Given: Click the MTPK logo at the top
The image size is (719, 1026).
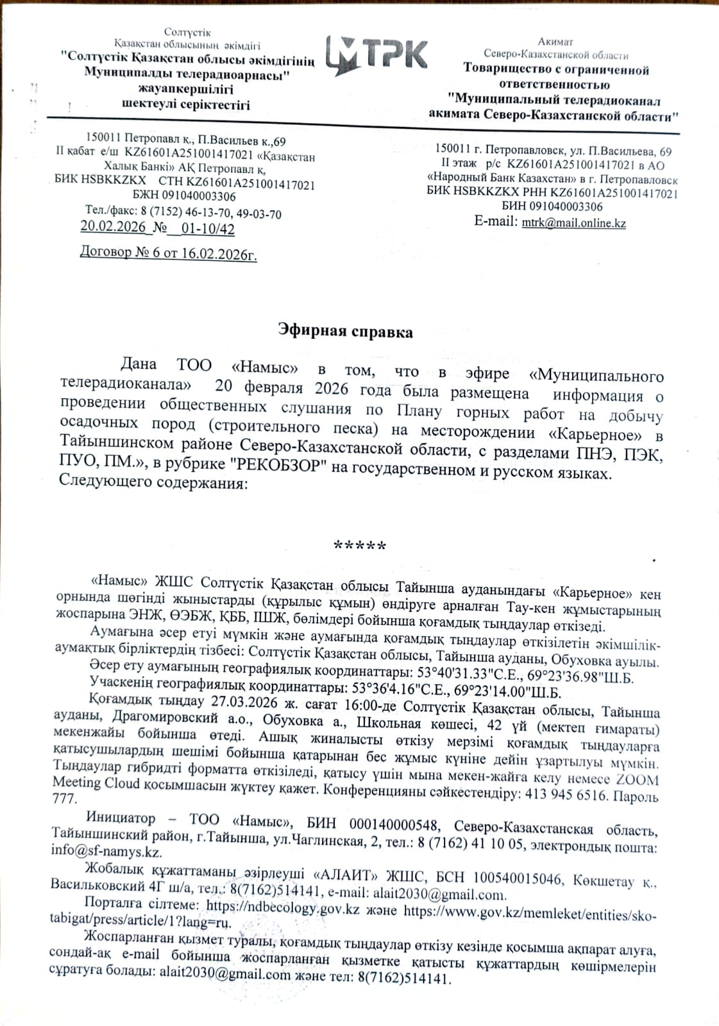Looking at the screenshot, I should point(376,55).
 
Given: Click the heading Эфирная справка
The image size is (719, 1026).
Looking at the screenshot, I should point(346,332).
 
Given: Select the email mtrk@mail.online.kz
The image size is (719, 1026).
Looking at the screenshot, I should point(573,223).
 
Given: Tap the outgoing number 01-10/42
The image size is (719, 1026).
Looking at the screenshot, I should point(208,229).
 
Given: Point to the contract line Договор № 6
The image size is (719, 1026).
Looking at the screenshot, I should point(168,253).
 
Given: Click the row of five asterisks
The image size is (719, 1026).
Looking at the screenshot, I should point(360,546).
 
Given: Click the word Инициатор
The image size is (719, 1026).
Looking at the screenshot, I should point(121,818).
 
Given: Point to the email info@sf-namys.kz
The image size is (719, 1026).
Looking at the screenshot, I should point(106,852).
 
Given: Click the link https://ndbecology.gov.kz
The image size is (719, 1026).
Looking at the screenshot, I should point(282,908).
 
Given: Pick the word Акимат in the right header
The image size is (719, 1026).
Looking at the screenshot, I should point(555,42).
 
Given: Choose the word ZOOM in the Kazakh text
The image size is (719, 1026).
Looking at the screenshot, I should point(637,780).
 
